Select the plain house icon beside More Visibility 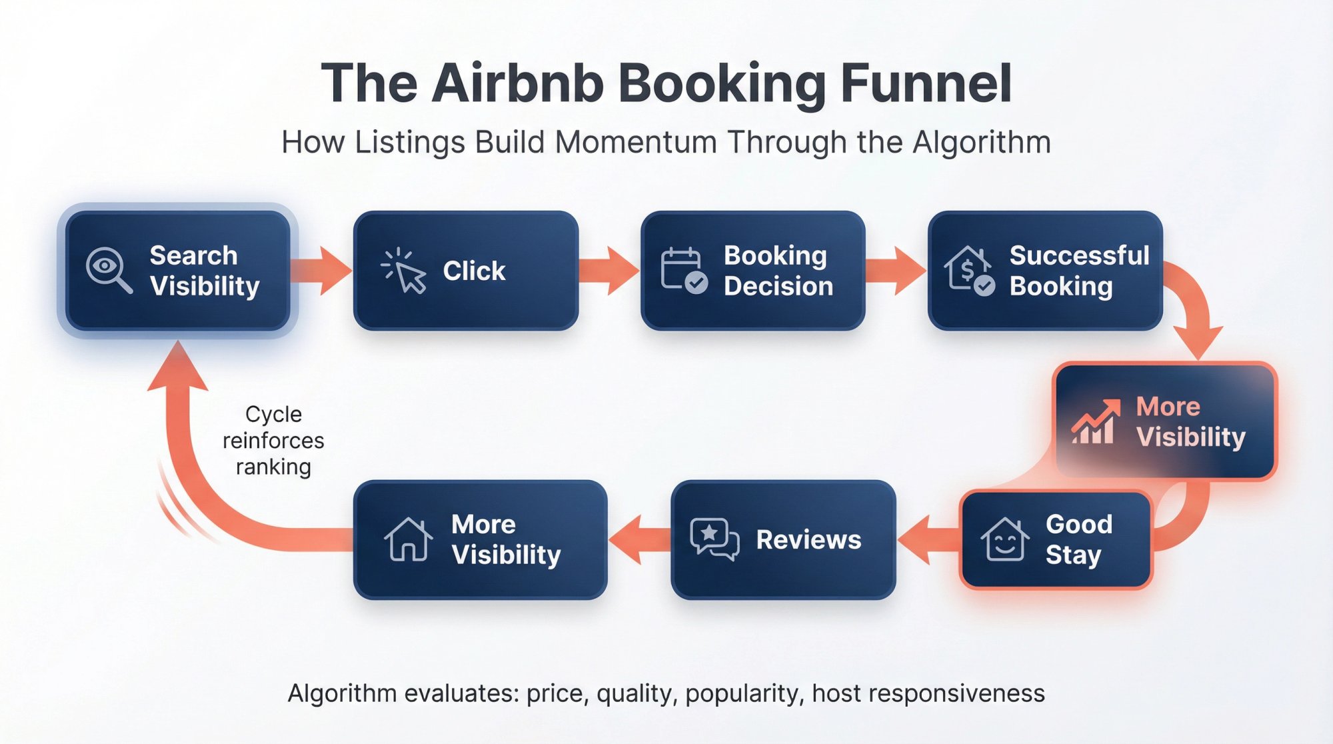coord(408,539)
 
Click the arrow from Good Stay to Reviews coord(928,539)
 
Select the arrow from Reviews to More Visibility coord(639,539)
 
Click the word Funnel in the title coord(926,84)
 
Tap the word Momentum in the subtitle coord(635,143)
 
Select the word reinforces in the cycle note coord(273,441)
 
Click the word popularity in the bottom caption coord(742,694)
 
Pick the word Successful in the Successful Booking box coord(1079,255)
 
